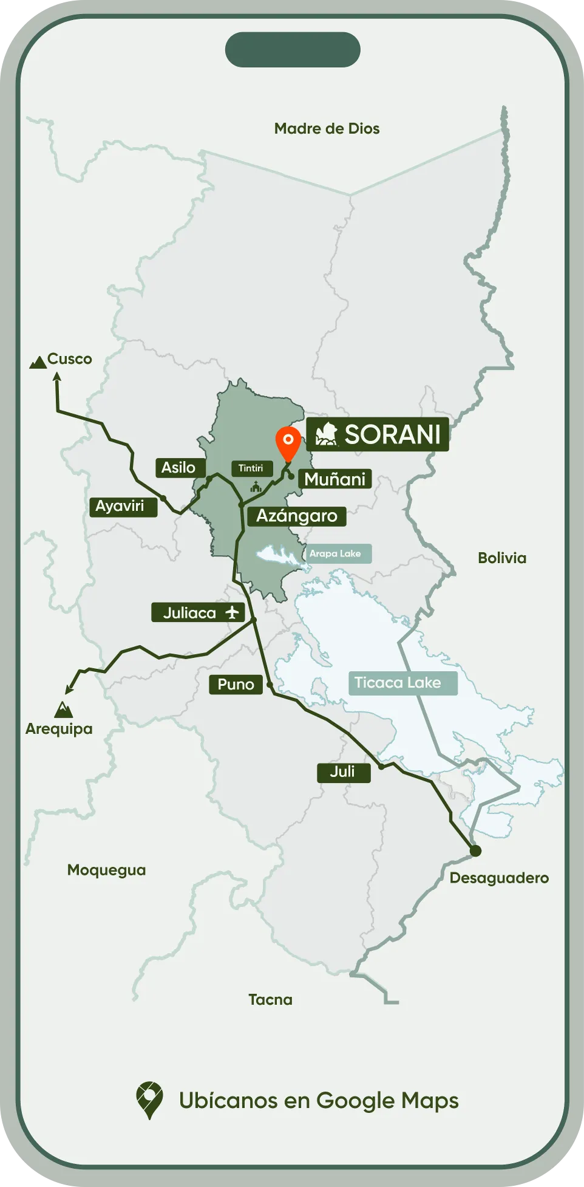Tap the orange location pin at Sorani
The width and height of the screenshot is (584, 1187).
pos(288,442)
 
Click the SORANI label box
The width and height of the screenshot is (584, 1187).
pos(378,434)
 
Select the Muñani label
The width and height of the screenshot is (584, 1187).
pos(334,479)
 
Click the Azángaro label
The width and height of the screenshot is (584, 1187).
pos(296,516)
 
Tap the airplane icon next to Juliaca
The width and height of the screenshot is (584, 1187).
pos(232,612)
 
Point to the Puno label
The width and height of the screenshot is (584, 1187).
pos(236,685)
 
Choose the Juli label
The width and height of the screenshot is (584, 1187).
pos(343,772)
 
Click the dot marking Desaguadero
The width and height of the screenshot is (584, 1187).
pos(475,850)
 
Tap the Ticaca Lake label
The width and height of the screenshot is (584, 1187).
pos(398,683)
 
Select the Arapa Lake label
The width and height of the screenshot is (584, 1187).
pos(335,553)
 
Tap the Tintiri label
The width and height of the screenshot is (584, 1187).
pos(251,468)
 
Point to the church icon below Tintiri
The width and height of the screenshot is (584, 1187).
pos(256,487)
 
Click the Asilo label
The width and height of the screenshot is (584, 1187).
pos(178,468)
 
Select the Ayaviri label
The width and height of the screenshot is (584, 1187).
pos(120,506)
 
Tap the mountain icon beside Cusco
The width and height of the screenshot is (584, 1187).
pos(38,363)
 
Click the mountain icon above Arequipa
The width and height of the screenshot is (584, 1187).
pos(63,710)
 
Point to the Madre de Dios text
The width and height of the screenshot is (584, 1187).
pos(327,129)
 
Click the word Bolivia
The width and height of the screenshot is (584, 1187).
pos(501,558)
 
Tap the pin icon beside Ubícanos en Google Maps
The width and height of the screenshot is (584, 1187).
pos(149,1100)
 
